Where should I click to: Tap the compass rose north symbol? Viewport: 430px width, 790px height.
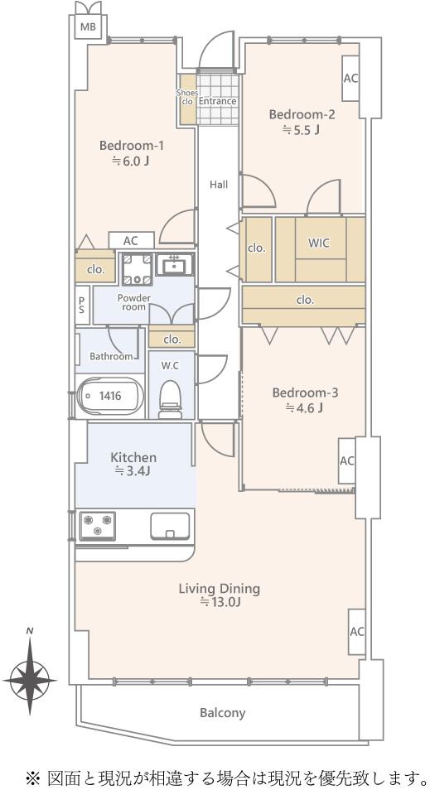click(x=30, y=672)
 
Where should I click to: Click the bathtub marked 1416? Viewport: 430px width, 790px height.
click(x=110, y=396)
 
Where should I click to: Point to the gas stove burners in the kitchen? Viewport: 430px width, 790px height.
click(x=97, y=527)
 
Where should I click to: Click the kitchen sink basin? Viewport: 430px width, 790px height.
click(x=171, y=526)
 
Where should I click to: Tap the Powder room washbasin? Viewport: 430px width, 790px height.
click(x=175, y=263)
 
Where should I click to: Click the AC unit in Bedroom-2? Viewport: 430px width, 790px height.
click(x=350, y=78)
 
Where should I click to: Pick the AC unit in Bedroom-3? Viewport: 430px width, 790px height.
click(x=347, y=461)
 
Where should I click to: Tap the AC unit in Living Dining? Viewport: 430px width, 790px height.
click(x=357, y=632)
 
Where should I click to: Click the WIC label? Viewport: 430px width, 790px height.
click(x=319, y=243)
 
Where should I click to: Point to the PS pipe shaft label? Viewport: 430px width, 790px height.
click(x=82, y=304)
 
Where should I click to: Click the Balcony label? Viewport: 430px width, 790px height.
click(x=222, y=713)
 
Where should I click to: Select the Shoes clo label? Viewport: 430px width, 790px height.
click(x=187, y=96)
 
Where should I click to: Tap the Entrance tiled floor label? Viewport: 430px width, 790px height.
click(x=217, y=101)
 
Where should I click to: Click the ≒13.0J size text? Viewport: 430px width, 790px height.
click(x=220, y=601)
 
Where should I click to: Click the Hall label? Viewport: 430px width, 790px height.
click(x=219, y=185)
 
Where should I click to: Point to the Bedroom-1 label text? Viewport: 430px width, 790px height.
click(x=132, y=146)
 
